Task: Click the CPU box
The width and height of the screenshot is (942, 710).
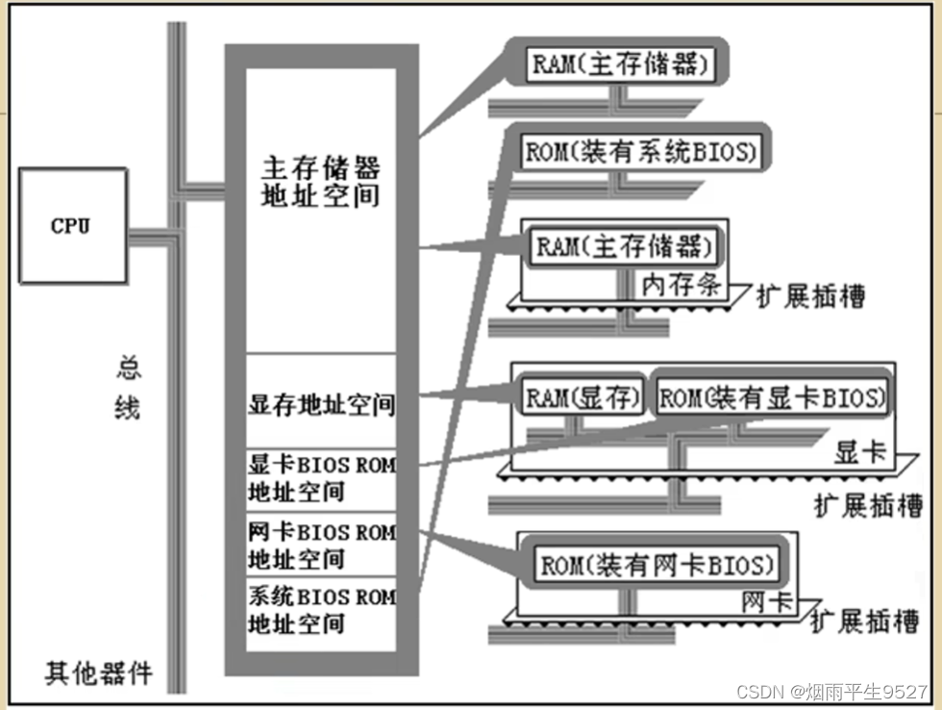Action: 72,226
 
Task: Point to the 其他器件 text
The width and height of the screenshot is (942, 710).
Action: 98,672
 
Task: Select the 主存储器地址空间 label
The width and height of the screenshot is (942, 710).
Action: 321,182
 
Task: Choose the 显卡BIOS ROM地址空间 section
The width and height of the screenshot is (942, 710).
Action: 321,478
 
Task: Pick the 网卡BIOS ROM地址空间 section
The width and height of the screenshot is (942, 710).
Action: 321,545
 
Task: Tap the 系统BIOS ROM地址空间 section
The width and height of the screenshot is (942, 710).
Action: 321,610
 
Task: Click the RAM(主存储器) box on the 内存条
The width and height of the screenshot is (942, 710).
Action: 625,246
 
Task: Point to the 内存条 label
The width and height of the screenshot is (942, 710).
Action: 681,285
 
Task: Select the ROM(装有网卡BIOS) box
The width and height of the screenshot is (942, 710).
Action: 657,564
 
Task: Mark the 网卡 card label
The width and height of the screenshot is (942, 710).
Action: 766,602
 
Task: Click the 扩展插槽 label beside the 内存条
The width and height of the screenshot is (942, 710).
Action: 809,295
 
